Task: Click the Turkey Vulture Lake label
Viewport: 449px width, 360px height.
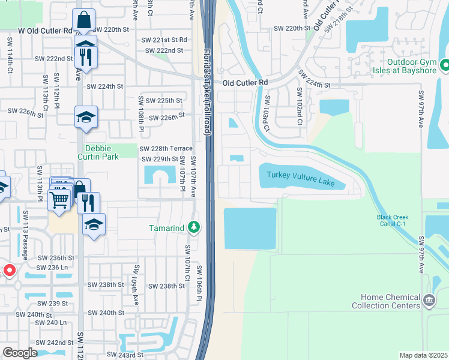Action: (301, 174)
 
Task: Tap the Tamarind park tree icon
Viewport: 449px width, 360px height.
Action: (193, 227)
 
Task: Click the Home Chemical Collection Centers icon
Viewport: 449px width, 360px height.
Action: (428, 299)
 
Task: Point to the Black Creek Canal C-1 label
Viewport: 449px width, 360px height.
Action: (392, 221)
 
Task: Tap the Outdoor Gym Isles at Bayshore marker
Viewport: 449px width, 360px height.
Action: (445, 64)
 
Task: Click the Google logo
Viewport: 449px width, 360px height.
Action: (20, 353)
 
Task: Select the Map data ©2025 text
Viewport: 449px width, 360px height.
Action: (423, 355)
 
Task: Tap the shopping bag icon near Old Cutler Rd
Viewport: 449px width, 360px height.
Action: (84, 20)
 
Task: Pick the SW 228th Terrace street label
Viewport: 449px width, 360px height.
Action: (166, 149)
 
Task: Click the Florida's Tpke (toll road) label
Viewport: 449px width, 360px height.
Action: (206, 90)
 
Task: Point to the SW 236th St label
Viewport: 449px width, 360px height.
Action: (56, 257)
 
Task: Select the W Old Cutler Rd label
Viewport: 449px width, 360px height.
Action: (44, 29)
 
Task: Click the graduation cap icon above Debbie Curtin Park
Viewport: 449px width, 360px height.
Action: (86, 116)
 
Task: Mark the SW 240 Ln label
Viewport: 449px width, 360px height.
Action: (55, 322)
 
